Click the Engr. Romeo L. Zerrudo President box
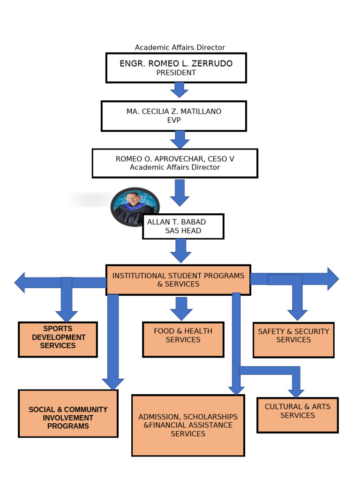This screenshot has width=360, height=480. pos(176,67)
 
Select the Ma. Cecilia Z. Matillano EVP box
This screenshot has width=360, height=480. pos(173,116)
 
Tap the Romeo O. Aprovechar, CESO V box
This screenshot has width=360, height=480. pos(174,163)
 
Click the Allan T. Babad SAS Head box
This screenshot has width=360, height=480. pos(183,226)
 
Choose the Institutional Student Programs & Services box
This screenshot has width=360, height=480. pos(178,280)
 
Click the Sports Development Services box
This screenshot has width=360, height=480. pos(58,339)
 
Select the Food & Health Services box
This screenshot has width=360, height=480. pos(183,339)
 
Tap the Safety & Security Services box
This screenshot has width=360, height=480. pos(293,340)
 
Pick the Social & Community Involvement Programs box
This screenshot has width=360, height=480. pos(68,413)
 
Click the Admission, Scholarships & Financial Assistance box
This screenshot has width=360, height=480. pos(188,425)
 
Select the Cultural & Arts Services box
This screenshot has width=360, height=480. pos(297,415)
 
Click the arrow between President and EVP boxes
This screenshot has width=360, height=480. pos(179,90)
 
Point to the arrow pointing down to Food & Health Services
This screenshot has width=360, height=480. pos(181,308)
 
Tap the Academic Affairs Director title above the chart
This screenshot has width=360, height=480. pos(180,47)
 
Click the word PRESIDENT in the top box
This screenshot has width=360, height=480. pos(176,73)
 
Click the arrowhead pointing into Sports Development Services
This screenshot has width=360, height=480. pos(67,316)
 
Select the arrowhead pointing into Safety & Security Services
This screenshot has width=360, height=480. pos(297,315)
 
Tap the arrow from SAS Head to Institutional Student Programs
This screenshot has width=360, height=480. pos(180,251)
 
